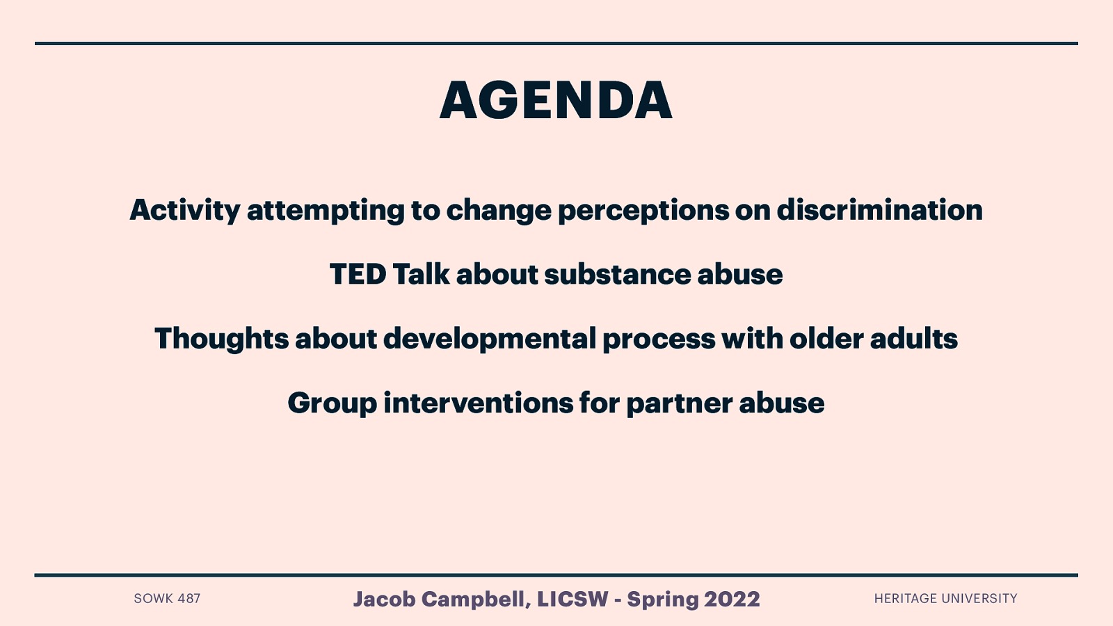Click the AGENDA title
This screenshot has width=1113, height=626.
[x=556, y=100]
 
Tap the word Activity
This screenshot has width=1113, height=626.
[x=184, y=210]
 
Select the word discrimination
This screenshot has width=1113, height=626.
[x=879, y=210]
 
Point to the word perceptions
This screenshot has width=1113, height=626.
[x=643, y=210]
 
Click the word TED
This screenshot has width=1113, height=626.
[x=358, y=274]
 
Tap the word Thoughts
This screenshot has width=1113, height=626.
[x=221, y=339]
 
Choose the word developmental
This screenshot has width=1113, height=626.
[x=490, y=339]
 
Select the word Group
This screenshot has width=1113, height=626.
[x=332, y=403]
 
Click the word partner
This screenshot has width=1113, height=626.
[x=679, y=403]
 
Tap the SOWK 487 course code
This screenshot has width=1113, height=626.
[x=167, y=599]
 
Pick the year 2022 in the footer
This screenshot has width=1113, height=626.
[x=732, y=599]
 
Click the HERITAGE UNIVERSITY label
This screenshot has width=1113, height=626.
[x=945, y=599]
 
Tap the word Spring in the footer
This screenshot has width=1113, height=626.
[x=663, y=599]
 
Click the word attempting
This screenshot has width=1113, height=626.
[x=326, y=210]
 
